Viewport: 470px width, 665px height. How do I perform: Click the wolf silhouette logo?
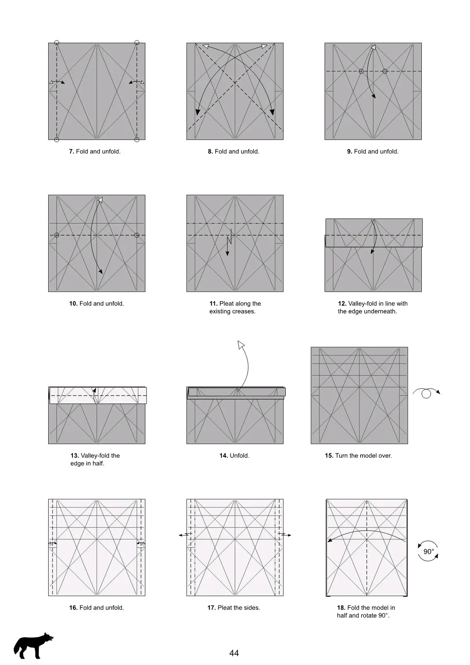[x=33, y=645]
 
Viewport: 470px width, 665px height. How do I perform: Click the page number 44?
[x=234, y=653]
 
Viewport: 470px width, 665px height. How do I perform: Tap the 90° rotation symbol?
[x=428, y=552]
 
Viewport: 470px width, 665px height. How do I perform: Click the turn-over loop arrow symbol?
[x=426, y=392]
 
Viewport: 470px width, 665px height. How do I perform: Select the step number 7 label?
[x=71, y=152]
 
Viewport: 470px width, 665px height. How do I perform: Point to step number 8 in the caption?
[x=210, y=152]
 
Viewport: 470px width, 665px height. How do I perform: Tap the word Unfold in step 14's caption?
[x=239, y=456]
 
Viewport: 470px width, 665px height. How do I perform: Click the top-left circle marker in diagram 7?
[x=57, y=42]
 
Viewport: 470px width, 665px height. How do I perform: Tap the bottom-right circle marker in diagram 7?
[x=137, y=140]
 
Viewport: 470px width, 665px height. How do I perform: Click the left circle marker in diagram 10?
[x=57, y=235]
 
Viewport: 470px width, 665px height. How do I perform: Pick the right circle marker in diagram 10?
[x=137, y=235]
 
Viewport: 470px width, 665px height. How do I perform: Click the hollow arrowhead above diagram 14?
[x=241, y=344]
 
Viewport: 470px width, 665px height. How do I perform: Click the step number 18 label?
[x=341, y=608]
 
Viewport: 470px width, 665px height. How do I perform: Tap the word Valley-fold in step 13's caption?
[x=96, y=456]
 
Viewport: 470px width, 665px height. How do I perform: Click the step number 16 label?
[x=73, y=608]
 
